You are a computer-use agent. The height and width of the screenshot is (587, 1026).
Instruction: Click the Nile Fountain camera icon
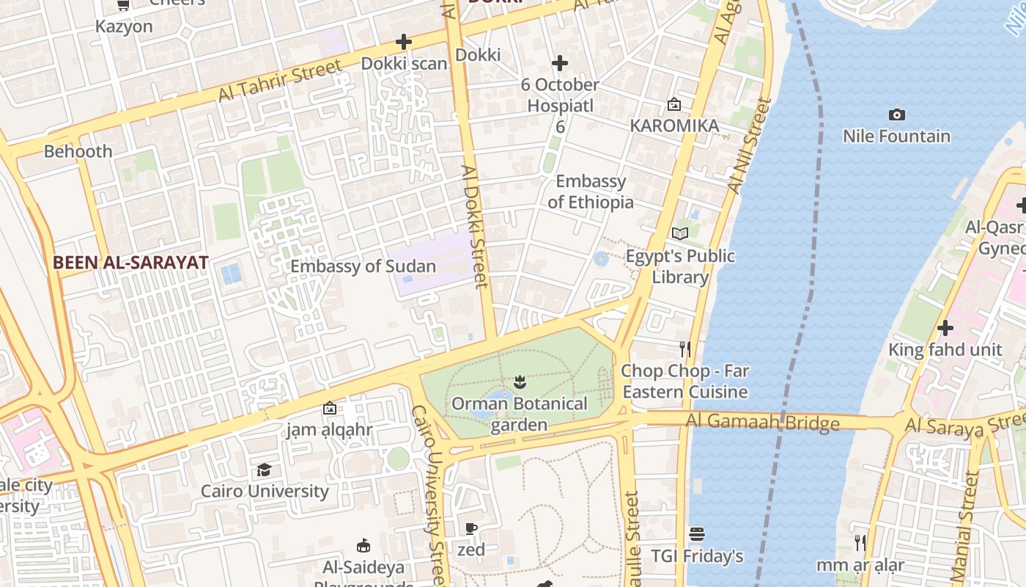click(x=896, y=114)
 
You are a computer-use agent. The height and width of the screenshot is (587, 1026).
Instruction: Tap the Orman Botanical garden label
click(x=520, y=414)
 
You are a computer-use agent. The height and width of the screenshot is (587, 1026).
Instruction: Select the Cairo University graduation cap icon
click(x=264, y=470)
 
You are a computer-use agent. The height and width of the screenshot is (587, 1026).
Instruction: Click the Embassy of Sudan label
click(x=363, y=266)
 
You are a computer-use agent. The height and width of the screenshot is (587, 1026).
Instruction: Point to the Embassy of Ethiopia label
click(x=591, y=192)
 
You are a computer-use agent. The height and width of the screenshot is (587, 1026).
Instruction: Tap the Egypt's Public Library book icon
click(x=680, y=233)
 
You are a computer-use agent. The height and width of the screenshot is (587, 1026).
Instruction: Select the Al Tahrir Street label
click(x=280, y=81)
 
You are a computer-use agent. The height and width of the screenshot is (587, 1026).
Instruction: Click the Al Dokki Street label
click(x=474, y=226)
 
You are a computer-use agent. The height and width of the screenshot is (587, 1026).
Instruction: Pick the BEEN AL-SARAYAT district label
click(x=130, y=262)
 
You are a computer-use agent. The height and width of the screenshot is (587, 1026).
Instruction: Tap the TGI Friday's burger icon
click(x=697, y=534)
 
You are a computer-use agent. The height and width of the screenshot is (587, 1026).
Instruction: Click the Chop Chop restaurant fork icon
click(x=684, y=349)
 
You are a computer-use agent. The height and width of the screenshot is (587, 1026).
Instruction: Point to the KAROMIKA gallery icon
click(x=673, y=105)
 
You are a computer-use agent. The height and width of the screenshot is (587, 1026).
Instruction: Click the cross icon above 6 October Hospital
click(x=560, y=63)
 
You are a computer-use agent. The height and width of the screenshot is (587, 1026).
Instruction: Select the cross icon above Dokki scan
click(x=403, y=42)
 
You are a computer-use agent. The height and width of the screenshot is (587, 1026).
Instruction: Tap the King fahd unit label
click(x=945, y=349)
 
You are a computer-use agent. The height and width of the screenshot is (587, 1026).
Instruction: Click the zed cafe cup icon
click(x=471, y=528)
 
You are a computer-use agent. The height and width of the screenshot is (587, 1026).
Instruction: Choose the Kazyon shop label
click(x=124, y=26)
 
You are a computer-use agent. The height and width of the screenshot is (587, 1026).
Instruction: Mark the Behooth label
click(x=78, y=151)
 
